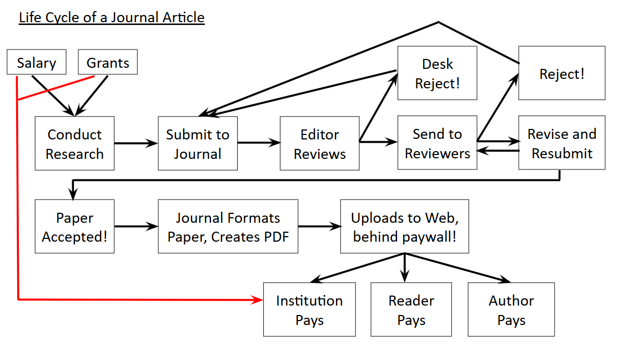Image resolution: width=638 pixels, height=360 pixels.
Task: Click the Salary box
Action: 36,62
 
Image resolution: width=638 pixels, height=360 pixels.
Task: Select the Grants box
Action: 108,62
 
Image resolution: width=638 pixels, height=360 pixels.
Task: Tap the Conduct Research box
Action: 74,143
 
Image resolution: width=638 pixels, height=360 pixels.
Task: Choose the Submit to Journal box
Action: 198,143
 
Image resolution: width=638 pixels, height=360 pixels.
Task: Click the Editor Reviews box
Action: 319,143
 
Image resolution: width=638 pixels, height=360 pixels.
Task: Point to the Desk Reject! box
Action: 437,73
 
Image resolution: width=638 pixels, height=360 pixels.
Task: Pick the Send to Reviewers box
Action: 437,143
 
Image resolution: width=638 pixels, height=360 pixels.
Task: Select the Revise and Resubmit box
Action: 561,143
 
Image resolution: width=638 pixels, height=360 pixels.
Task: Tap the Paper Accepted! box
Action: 74,227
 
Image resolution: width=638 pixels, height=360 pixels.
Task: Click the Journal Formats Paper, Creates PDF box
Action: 228,227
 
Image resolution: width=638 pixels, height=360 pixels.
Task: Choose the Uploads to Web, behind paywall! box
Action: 404,227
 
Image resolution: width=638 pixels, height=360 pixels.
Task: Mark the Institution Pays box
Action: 309,309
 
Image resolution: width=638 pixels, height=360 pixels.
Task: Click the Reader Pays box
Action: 411,309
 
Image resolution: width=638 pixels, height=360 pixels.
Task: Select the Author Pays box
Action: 511,309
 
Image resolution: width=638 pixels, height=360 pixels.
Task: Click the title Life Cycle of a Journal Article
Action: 112,18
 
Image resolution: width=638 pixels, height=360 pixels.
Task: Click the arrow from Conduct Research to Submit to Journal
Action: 136,143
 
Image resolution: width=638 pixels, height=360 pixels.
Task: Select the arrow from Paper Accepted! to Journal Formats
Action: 136,227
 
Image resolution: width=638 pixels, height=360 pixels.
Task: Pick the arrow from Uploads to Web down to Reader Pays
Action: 405,267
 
